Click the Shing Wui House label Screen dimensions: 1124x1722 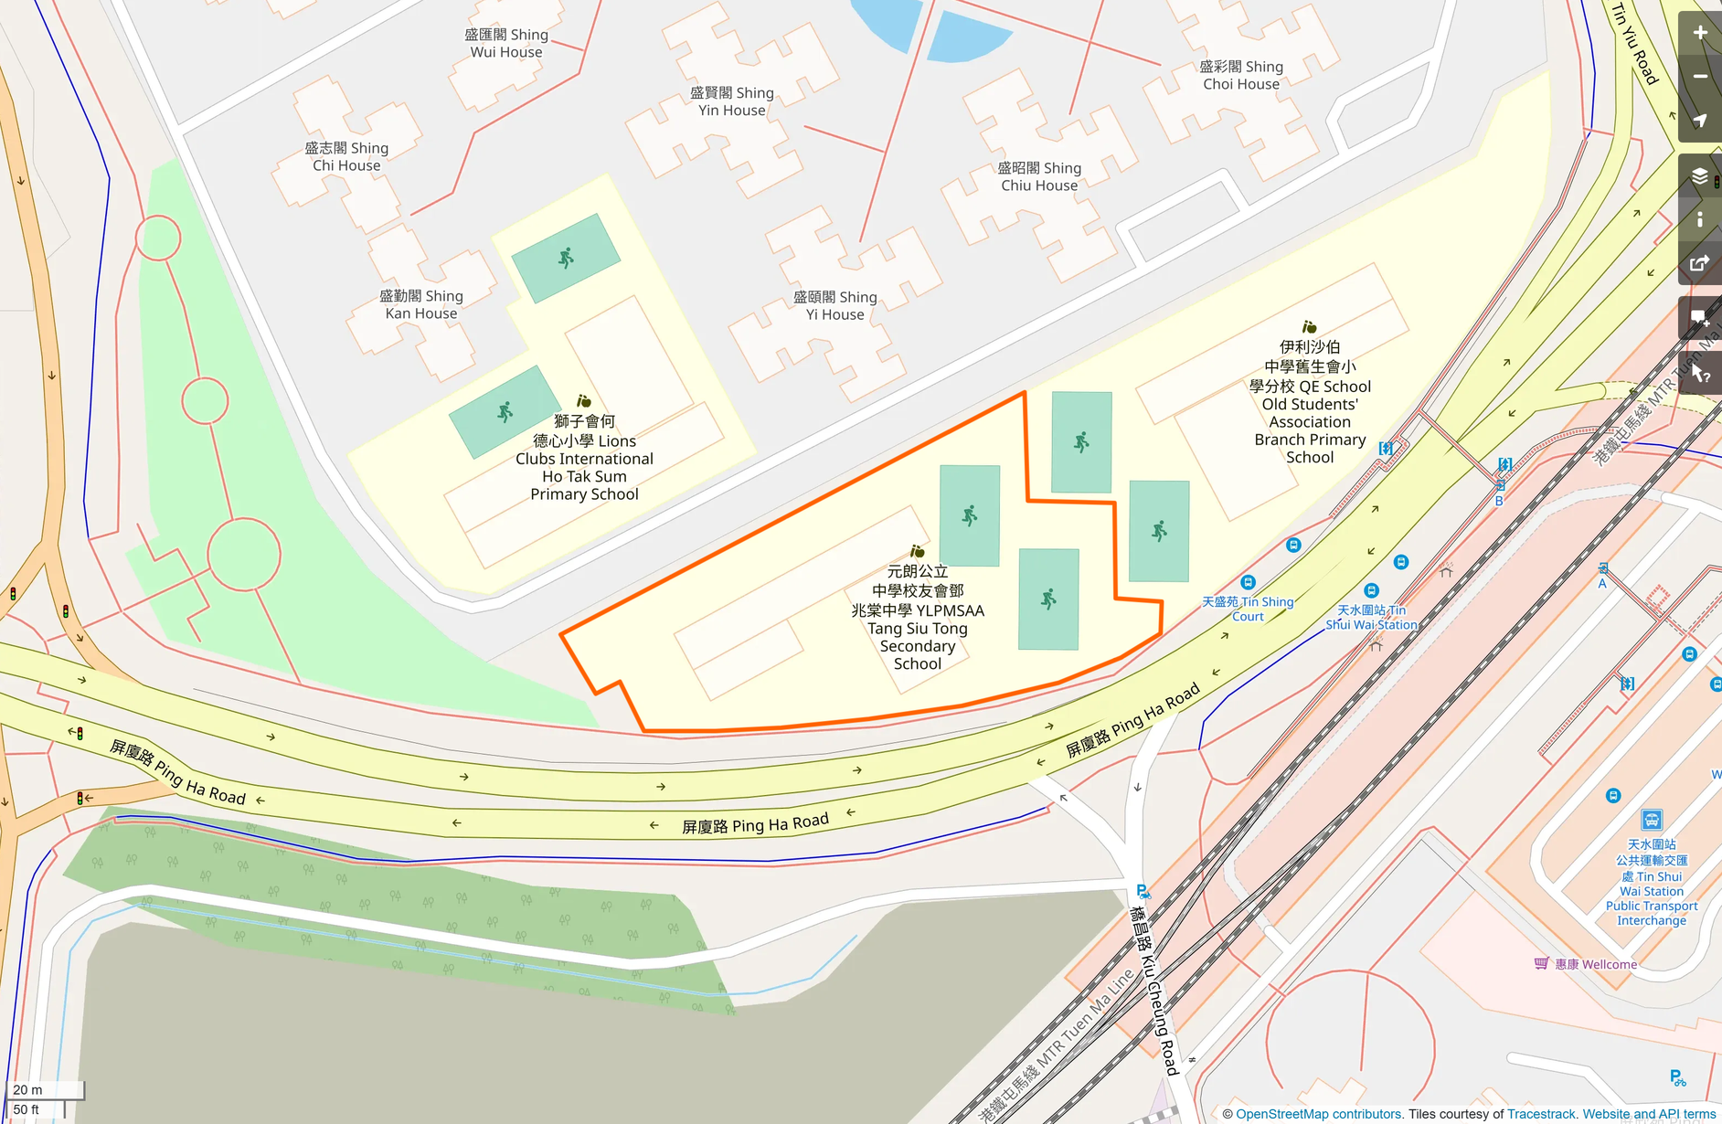(505, 43)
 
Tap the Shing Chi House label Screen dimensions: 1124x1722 (346, 156)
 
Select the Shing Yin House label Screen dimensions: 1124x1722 (731, 101)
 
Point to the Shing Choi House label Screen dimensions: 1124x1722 (1240, 75)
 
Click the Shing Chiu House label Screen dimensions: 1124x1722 (1039, 176)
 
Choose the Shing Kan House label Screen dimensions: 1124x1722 (420, 304)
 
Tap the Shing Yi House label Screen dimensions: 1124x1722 (834, 305)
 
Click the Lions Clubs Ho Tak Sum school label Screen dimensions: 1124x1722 (584, 458)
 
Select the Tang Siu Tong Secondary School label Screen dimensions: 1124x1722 (917, 618)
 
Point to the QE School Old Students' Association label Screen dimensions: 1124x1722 (1310, 402)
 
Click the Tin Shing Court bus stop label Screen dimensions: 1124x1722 (1248, 609)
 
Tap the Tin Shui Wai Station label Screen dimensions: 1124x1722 (1371, 618)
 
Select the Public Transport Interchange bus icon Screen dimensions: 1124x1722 (1651, 819)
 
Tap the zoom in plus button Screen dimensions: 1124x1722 (1699, 33)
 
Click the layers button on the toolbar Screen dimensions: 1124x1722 (1699, 175)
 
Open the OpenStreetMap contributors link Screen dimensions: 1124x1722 (1318, 1114)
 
